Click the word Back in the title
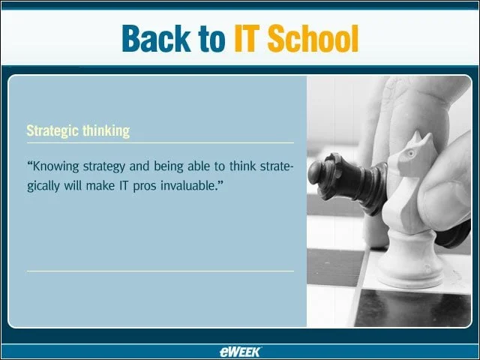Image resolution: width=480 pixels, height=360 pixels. pos(157,38)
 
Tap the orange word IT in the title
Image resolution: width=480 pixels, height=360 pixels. pos(247,38)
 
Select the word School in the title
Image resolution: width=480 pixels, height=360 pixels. pos(313,38)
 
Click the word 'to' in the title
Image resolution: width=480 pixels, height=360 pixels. pos(211,40)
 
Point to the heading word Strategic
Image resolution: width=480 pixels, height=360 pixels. pos(52,131)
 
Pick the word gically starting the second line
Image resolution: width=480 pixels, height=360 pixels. pos(43,187)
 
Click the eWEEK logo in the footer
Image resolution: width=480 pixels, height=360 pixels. pos(240,352)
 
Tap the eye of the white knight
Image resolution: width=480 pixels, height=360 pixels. pos(410,153)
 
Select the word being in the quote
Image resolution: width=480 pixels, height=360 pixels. pos(167,166)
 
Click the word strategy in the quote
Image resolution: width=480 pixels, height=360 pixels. pos(104,166)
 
